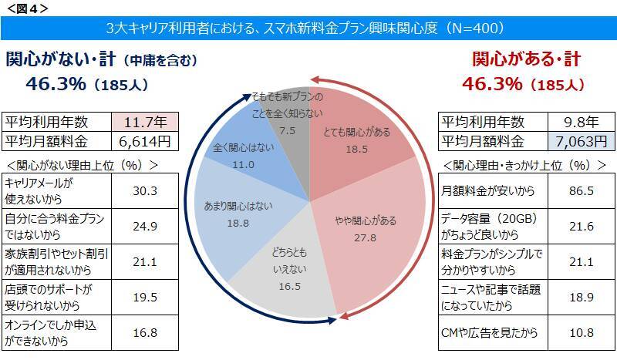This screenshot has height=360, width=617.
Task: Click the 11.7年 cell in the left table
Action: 146,122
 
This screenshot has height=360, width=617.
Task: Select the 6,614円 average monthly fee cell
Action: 146,142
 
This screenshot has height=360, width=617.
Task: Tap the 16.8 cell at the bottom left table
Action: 146,335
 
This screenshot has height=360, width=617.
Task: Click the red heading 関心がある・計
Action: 526,59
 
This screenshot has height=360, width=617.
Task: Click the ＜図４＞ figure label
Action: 28,8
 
